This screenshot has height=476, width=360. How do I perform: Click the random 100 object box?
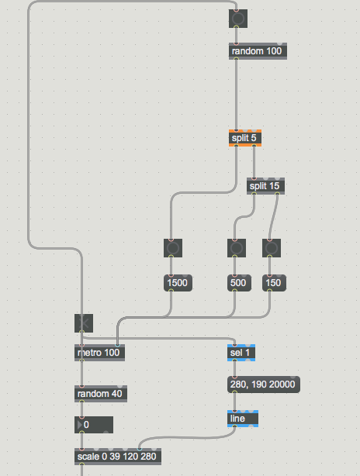[258, 51]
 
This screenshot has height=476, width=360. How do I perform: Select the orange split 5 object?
[245, 138]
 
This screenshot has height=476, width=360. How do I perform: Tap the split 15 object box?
[265, 186]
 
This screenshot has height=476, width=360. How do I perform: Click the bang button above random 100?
[238, 19]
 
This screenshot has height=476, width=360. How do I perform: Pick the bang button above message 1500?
[173, 248]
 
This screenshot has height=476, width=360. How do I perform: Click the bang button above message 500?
[237, 248]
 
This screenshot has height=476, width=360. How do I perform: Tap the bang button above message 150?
[272, 248]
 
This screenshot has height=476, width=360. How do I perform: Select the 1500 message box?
[178, 283]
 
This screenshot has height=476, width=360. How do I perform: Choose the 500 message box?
[239, 283]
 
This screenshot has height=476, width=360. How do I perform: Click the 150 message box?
[274, 283]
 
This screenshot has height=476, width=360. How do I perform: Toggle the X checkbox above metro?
[84, 323]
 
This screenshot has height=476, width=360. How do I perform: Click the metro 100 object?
[99, 353]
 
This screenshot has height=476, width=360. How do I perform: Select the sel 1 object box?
[241, 353]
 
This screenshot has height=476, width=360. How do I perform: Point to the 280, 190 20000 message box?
[264, 385]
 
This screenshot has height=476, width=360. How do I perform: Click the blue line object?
[243, 419]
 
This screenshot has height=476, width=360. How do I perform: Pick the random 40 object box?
[101, 394]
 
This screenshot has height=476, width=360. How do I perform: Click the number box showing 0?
[94, 425]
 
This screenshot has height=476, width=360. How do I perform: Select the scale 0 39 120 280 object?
[118, 457]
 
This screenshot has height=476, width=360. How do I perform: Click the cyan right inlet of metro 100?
[118, 346]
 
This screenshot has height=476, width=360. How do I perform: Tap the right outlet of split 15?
[277, 193]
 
